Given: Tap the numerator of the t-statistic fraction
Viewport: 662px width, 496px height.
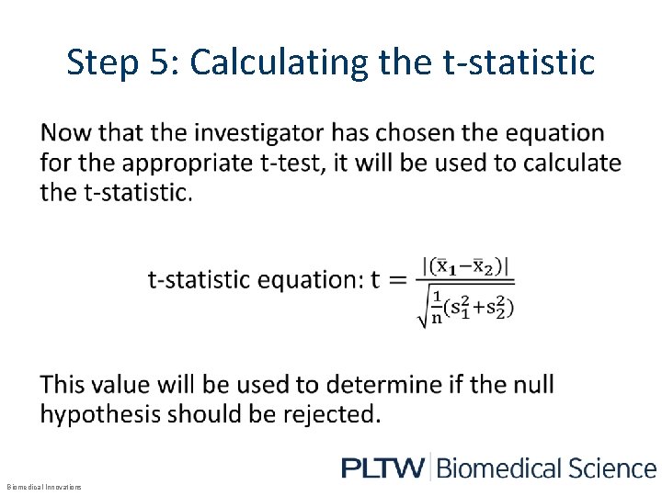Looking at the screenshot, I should [x=466, y=267].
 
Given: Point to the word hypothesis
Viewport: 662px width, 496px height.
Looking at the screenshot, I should [x=110, y=413].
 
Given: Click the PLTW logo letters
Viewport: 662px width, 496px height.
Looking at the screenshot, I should [x=382, y=468].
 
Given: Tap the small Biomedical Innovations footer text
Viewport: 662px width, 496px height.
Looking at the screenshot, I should [x=44, y=487].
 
